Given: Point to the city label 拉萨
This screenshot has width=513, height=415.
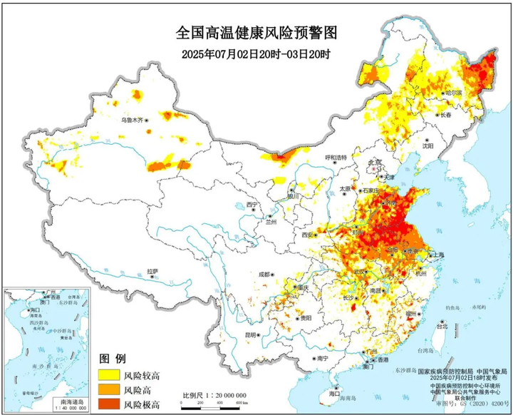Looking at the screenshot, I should (152, 271).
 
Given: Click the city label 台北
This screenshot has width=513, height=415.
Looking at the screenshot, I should (442, 327).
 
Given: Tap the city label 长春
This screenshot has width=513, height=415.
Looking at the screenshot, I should (446, 115).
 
